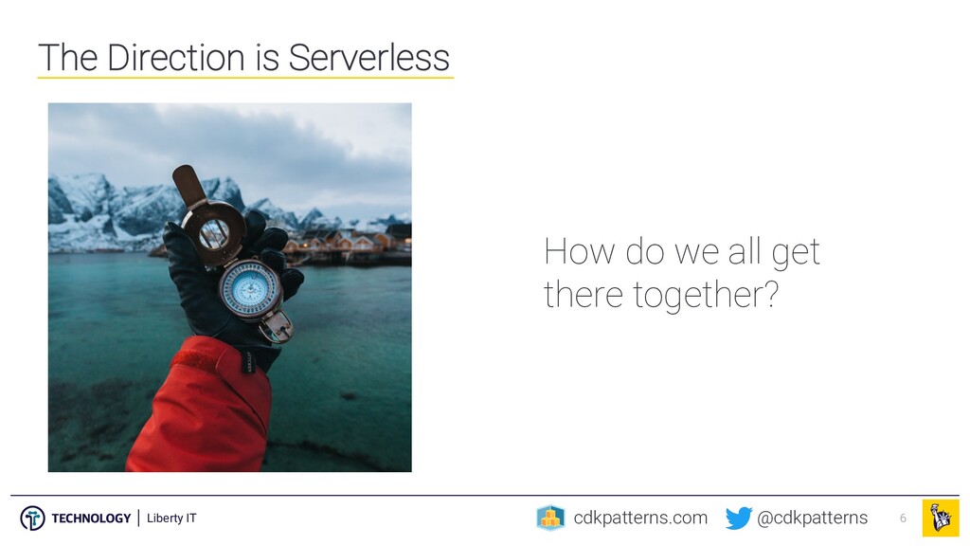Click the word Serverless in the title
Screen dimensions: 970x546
click(368, 58)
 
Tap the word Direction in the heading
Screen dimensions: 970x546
click(176, 58)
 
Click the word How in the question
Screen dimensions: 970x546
click(580, 252)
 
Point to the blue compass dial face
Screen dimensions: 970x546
click(250, 288)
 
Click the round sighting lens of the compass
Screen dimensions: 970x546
click(213, 231)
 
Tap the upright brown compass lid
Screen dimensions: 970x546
click(188, 185)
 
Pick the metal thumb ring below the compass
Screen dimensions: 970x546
click(277, 327)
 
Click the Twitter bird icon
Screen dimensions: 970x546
click(739, 519)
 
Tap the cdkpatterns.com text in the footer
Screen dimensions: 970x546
click(640, 518)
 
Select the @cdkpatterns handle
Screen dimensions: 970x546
click(812, 518)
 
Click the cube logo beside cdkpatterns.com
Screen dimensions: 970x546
click(550, 518)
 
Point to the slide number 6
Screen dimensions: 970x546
click(903, 519)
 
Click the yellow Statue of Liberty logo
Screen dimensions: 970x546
click(941, 518)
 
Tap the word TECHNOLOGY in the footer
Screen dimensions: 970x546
click(91, 519)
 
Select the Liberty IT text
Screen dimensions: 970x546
click(171, 519)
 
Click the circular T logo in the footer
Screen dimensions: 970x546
click(32, 519)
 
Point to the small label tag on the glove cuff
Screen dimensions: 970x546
click(248, 361)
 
